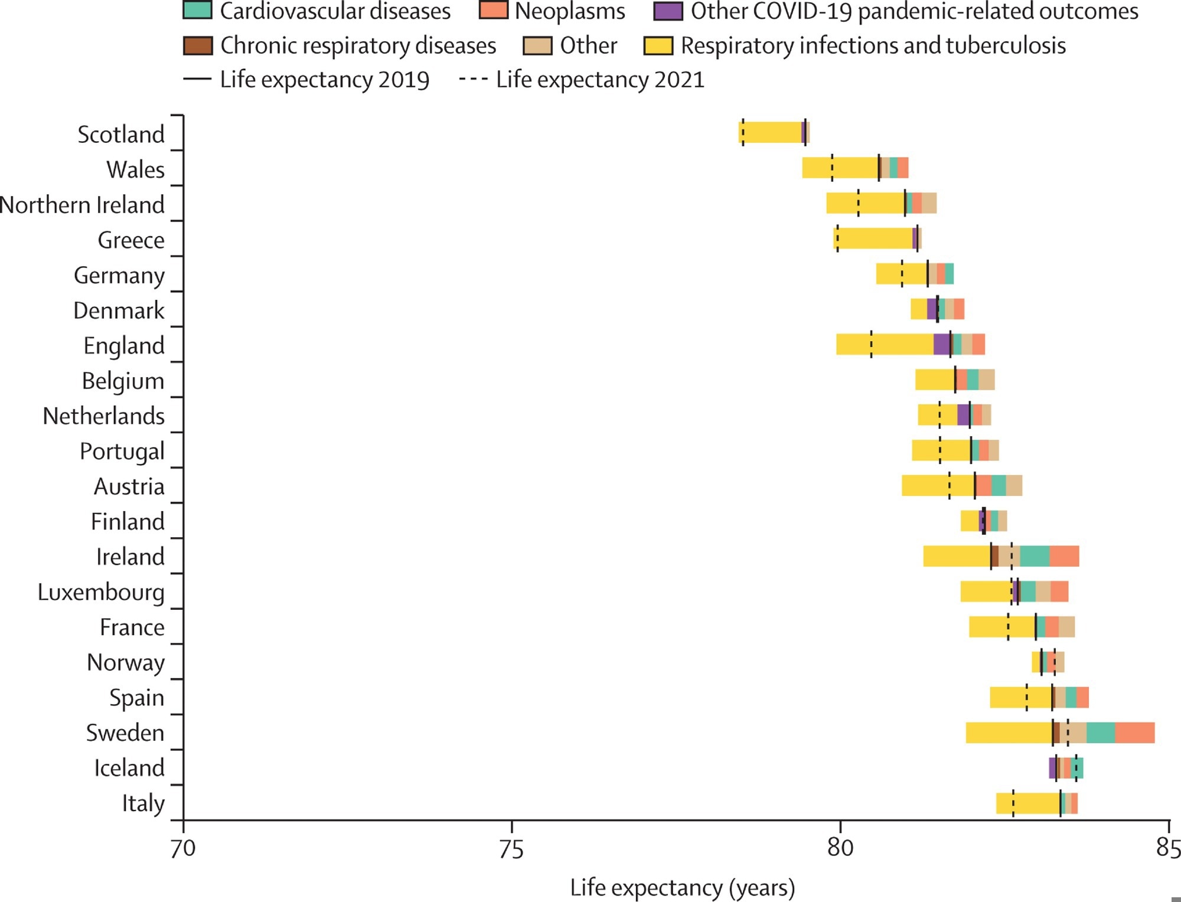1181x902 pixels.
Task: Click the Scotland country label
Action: tap(121, 135)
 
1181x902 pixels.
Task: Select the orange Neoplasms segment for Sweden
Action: tap(1134, 733)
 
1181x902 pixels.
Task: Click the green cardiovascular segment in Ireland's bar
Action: tap(1035, 557)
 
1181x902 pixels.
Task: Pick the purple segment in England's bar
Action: tap(941, 344)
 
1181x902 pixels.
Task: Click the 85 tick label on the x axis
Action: tap(1167, 848)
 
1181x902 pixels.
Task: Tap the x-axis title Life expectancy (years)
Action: tap(682, 888)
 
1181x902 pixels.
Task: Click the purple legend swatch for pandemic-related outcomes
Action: tap(668, 11)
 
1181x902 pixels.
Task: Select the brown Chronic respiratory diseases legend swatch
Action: tap(198, 45)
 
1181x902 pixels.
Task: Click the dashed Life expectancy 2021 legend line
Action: tap(473, 79)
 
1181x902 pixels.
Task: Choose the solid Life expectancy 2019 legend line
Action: tap(197, 79)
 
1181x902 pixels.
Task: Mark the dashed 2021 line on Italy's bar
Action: tap(1013, 803)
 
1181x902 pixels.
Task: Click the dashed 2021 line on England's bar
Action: tap(871, 344)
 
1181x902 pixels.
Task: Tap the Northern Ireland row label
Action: tap(82, 205)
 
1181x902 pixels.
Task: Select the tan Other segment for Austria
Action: tap(1014, 486)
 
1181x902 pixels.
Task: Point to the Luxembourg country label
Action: tap(101, 592)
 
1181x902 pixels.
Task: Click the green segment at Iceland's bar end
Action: tap(1079, 768)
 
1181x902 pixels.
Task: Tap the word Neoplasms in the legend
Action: tap(570, 11)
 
